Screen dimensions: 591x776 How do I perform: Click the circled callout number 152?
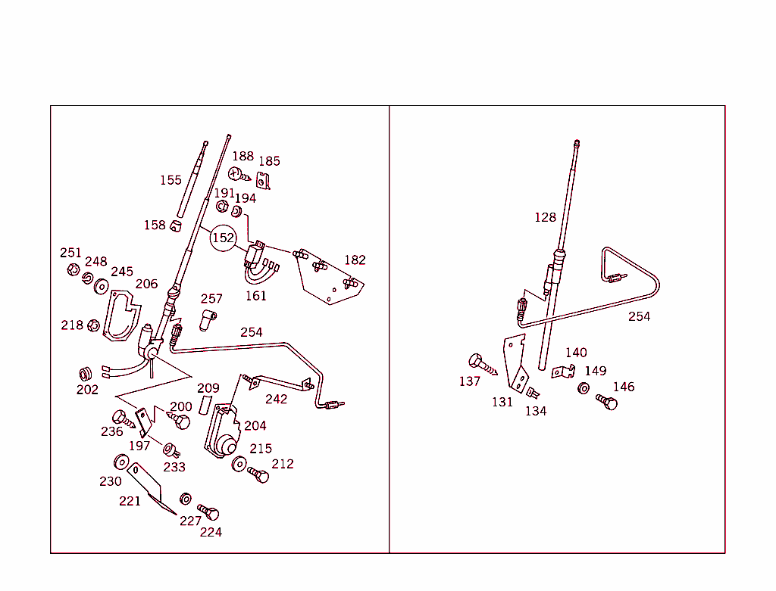[223, 238]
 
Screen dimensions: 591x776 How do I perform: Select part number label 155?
[171, 180]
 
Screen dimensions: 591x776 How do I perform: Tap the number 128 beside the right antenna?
[545, 217]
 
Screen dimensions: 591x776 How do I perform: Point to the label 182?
[355, 260]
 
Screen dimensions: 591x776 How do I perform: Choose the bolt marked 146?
[607, 402]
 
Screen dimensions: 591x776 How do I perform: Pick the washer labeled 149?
[584, 388]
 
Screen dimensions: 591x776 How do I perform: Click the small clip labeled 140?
[561, 372]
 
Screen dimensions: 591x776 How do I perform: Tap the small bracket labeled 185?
[263, 182]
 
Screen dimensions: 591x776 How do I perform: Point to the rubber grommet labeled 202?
[86, 374]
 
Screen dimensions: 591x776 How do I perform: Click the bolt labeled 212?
[258, 475]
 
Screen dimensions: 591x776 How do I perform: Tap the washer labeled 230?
[120, 462]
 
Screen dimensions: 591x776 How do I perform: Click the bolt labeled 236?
[122, 418]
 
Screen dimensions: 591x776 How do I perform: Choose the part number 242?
[276, 399]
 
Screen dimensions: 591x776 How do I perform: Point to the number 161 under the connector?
[255, 296]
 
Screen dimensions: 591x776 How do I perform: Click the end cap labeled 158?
[176, 226]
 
